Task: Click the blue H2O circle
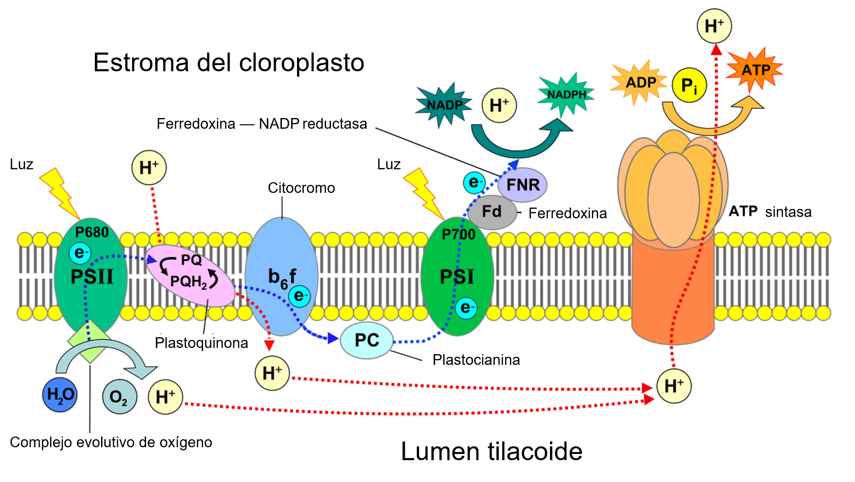[x=60, y=395]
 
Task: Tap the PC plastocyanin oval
[x=366, y=341]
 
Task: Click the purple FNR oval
[x=523, y=184]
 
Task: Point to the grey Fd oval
[x=492, y=212]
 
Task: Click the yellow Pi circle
[x=689, y=85]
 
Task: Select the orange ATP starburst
[x=755, y=70]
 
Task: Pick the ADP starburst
[x=640, y=83]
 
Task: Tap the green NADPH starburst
[x=566, y=94]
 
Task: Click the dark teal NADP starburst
[x=444, y=105]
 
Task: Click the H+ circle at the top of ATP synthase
[x=714, y=26]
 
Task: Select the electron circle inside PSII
[x=80, y=253]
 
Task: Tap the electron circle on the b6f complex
[x=299, y=296]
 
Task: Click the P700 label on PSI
[x=458, y=234]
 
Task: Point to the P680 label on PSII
[x=92, y=232]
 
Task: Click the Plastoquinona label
[x=201, y=343]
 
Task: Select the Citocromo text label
[x=301, y=188]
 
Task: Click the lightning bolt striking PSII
[x=60, y=193]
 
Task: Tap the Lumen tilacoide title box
[x=491, y=451]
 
